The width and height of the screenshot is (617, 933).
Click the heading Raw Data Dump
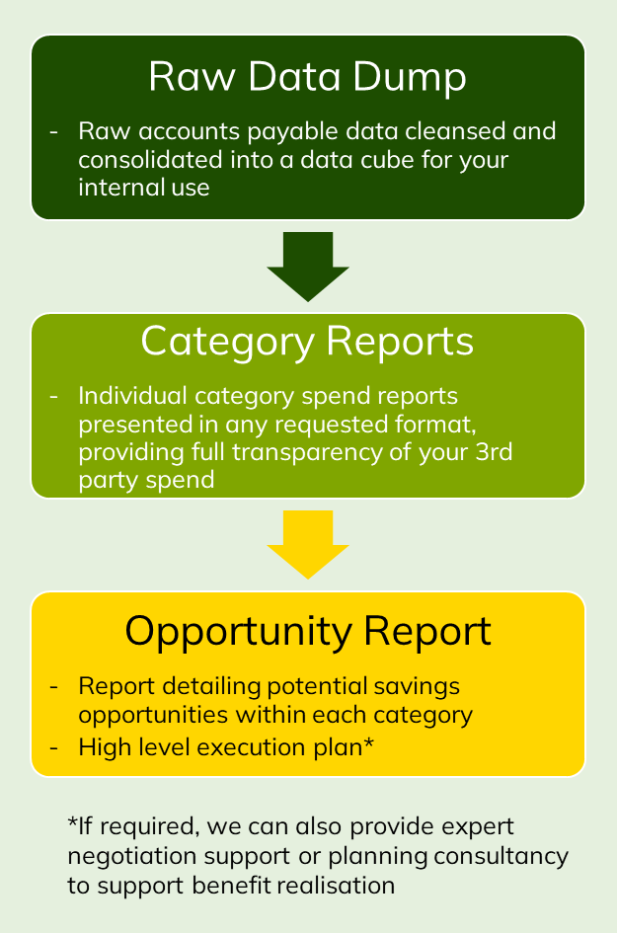tap(307, 77)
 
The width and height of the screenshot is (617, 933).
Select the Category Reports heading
tap(307, 342)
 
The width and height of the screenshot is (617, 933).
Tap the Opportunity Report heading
tap(307, 631)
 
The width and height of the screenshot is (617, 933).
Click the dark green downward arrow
tap(307, 266)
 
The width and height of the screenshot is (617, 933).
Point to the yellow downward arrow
tap(307, 543)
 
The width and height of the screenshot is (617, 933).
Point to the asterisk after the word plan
tap(368, 742)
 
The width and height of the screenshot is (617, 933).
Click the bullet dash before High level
tap(55, 746)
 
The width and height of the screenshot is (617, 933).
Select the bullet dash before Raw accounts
tap(55, 131)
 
